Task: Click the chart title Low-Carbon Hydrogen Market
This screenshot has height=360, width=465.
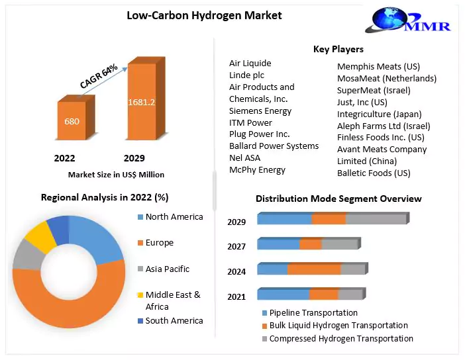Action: [204, 15]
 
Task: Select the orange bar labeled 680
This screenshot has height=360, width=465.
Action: [71, 121]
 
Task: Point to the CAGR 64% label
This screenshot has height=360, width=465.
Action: [99, 75]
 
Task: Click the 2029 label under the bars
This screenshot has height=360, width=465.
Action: [134, 158]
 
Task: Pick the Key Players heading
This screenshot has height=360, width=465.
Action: [338, 49]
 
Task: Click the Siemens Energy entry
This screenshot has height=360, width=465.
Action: [260, 111]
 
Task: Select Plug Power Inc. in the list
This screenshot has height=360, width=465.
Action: [260, 134]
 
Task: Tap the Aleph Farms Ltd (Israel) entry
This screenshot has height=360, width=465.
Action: [384, 126]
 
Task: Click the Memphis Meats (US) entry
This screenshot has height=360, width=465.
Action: [378, 66]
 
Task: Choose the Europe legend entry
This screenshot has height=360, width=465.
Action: [159, 243]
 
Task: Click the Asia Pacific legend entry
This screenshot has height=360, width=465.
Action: [167, 269]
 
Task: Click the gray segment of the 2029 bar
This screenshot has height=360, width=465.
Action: [375, 219]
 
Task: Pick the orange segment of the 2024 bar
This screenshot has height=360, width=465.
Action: [314, 269]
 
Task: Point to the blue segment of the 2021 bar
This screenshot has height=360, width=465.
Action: [283, 294]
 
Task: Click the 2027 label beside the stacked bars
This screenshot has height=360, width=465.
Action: [236, 246]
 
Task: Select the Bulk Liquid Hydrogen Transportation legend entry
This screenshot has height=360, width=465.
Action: [338, 326]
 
